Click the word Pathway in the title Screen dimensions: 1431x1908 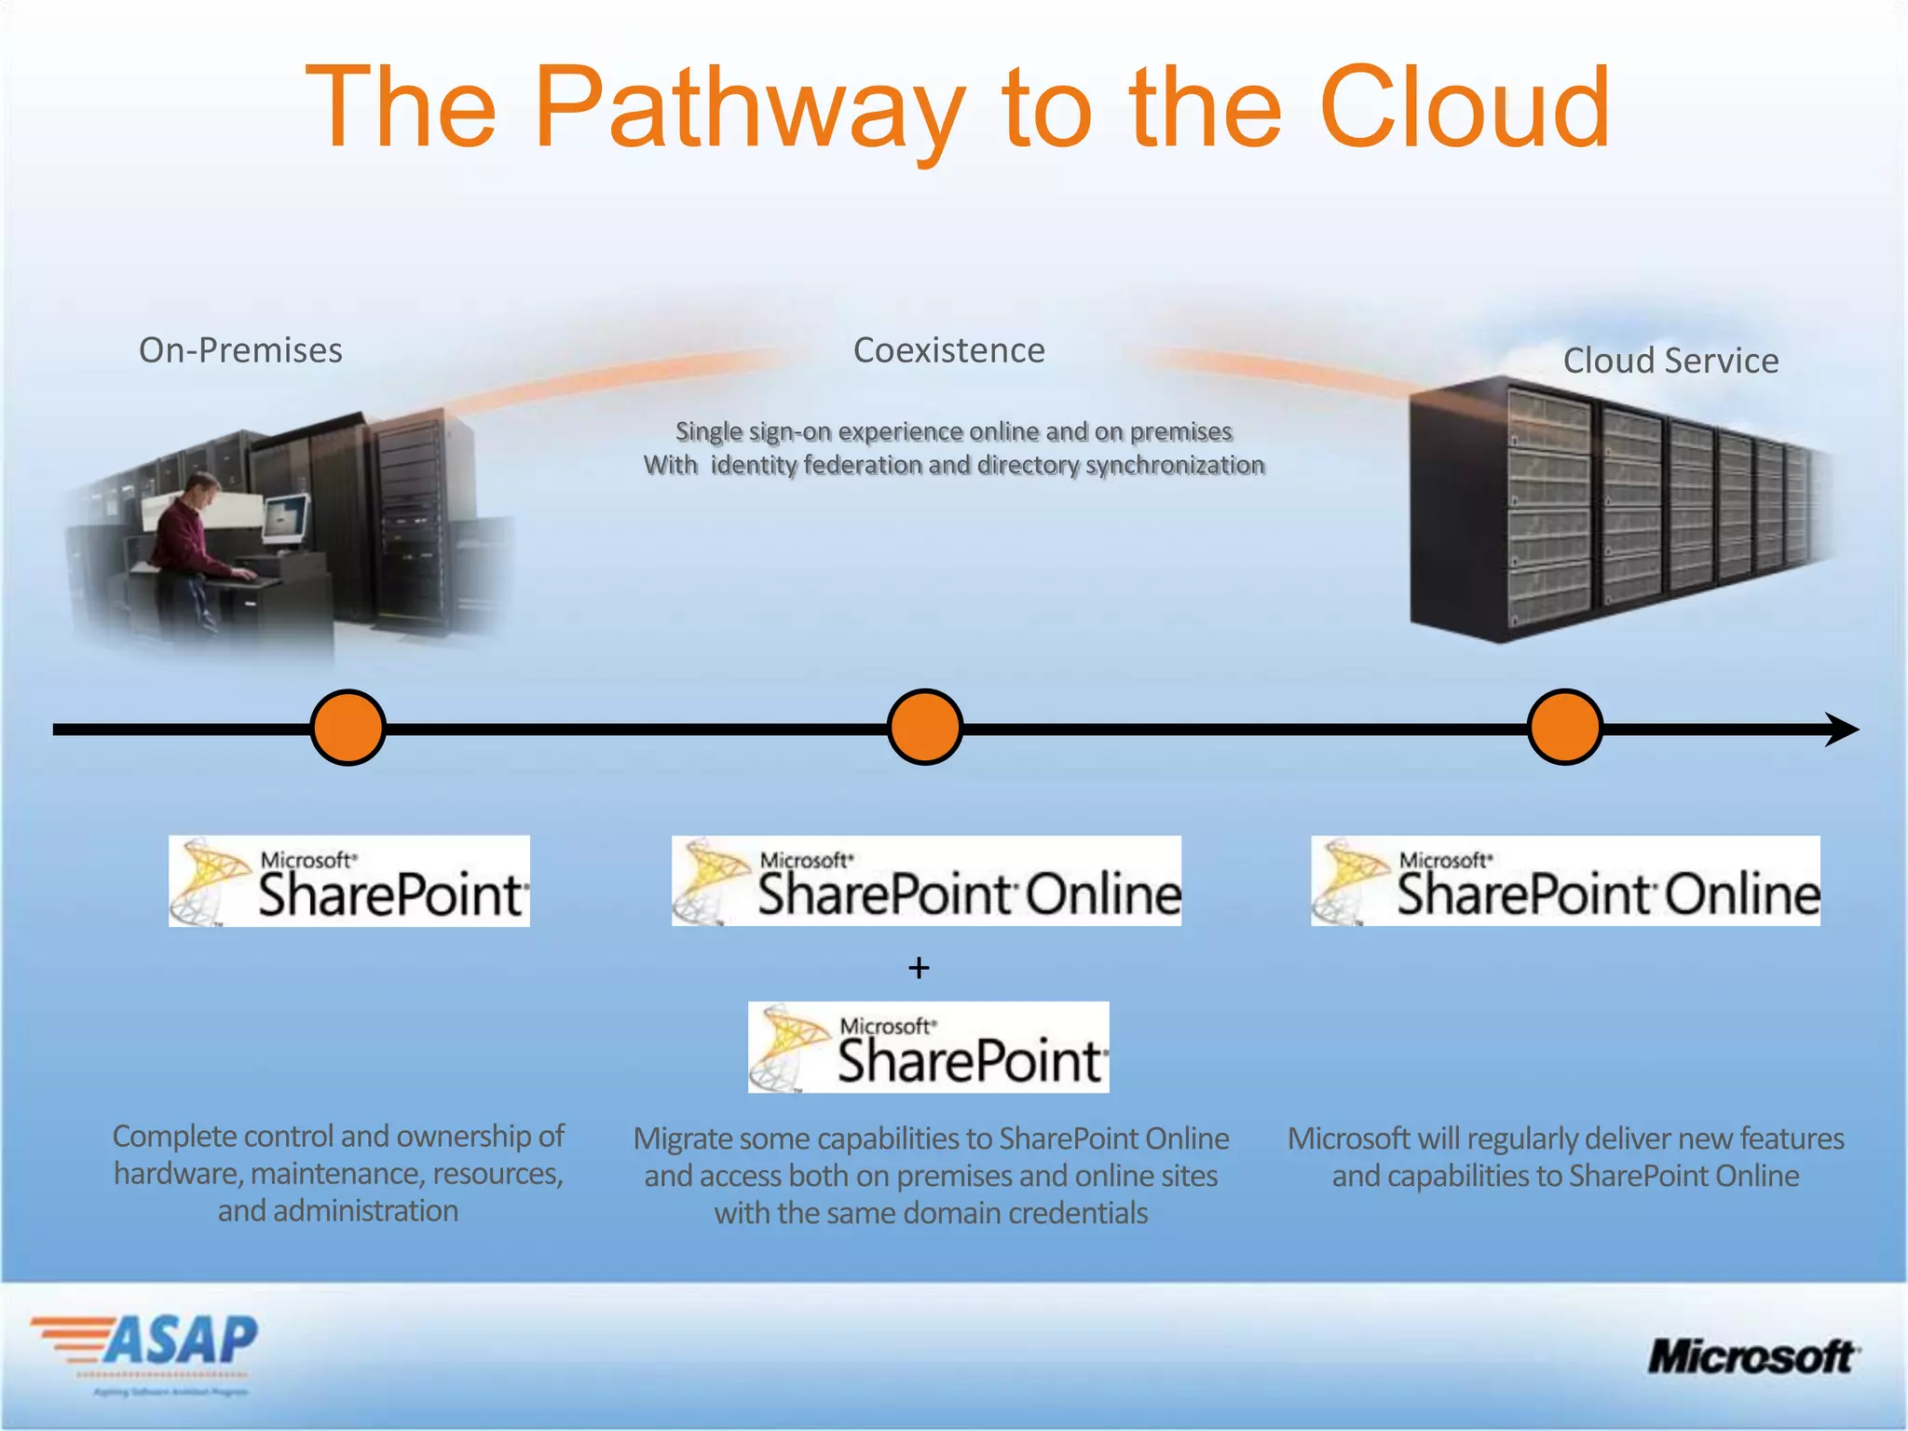pyautogui.click(x=750, y=110)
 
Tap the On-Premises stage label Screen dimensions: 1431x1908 pyautogui.click(x=240, y=350)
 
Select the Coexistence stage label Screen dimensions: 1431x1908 pyautogui.click(x=948, y=350)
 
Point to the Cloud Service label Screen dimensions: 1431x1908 pyautogui.click(x=1670, y=361)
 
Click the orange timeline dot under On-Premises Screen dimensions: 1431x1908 pyautogui.click(x=348, y=728)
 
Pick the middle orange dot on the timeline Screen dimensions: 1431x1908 pyautogui.click(x=924, y=728)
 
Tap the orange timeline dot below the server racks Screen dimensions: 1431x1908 pyautogui.click(x=1564, y=728)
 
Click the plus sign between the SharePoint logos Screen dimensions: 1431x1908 pyautogui.click(x=919, y=968)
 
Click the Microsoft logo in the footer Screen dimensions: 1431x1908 pyautogui.click(x=1752, y=1356)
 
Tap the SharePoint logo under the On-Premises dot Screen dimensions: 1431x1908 pyautogui.click(x=349, y=881)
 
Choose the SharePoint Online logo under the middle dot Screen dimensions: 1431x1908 pyautogui.click(x=926, y=881)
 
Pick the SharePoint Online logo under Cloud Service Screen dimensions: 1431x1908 pyautogui.click(x=1565, y=881)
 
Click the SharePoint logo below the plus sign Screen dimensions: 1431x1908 pyautogui.click(x=928, y=1047)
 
